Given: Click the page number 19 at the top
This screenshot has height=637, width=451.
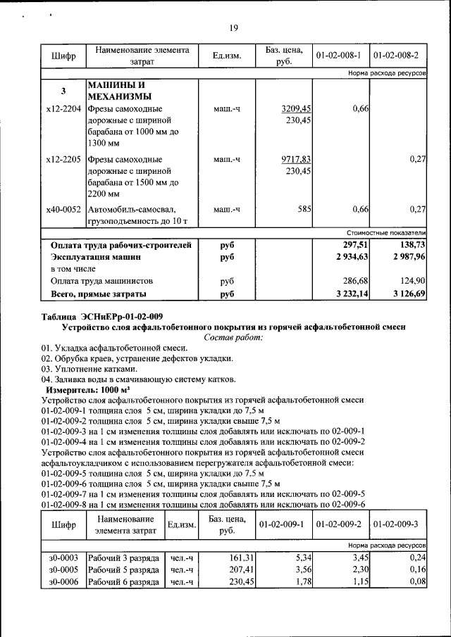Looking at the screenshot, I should pos(235,28).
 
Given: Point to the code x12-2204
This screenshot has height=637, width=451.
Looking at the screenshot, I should pos(63,109).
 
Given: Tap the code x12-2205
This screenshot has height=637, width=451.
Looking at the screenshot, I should pos(63,160).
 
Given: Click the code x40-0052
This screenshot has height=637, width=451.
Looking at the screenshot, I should pos(63,210).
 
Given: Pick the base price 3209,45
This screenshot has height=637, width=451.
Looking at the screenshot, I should pos(296,109).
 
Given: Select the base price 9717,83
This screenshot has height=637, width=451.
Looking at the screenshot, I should pos(296,160).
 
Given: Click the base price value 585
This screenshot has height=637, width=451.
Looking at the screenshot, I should pos(304,210).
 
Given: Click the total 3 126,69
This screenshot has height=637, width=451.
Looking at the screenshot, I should pos(407,294).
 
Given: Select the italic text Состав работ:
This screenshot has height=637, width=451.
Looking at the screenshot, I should pos(233,338).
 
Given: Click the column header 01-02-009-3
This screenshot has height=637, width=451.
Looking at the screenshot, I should pos(397,524).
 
